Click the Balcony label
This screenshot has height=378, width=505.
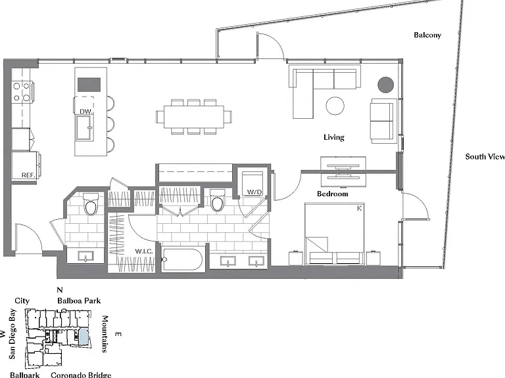(x=427, y=35)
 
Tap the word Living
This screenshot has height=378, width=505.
(x=334, y=137)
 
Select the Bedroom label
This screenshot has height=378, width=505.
(x=332, y=194)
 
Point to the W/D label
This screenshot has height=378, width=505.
(x=254, y=192)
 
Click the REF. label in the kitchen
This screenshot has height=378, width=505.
(x=28, y=175)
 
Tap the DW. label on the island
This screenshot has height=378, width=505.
(x=86, y=112)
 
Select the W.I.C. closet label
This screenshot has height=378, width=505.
(x=143, y=251)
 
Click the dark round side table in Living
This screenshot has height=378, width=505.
(x=385, y=85)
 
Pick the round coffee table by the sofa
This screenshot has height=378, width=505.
(x=335, y=106)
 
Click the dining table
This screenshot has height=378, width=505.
(x=193, y=117)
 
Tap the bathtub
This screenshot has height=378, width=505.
(x=182, y=259)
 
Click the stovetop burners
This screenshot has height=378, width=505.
(x=22, y=92)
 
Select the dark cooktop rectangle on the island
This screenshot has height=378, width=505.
(x=89, y=85)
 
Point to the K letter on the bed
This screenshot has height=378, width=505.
(x=359, y=208)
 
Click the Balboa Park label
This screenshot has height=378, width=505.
(x=79, y=301)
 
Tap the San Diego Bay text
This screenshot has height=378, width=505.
(x=12, y=333)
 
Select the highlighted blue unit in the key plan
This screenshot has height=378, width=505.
(x=84, y=337)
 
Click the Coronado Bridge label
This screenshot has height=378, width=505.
(x=81, y=375)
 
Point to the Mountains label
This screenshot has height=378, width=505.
(x=105, y=334)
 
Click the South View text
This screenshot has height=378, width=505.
(x=485, y=157)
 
